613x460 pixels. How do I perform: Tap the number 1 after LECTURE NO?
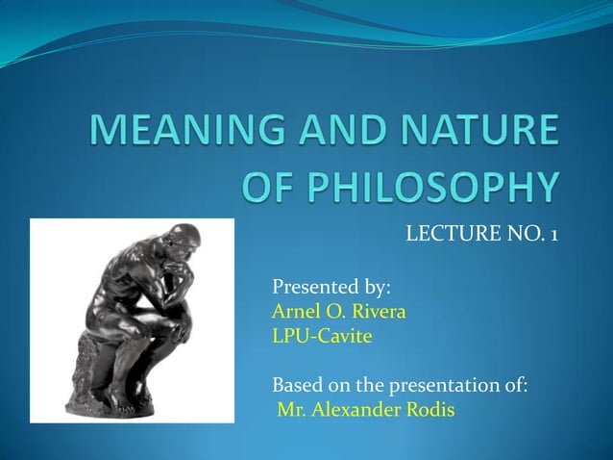coord(553,235)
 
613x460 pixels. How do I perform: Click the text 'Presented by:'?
coord(331,287)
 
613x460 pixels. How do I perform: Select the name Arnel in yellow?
coord(296,312)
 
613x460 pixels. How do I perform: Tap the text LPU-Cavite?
coord(322,337)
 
